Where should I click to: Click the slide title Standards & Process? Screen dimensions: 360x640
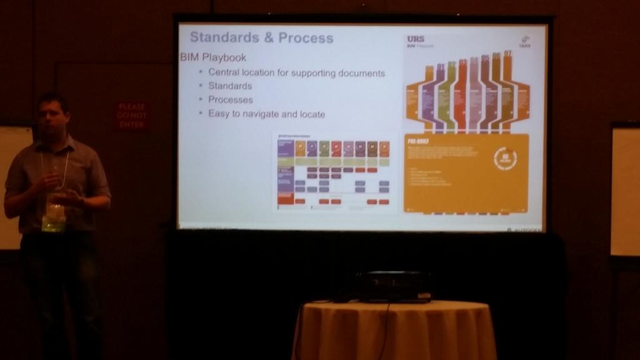tap(261, 37)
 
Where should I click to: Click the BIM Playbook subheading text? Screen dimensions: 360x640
tap(212, 57)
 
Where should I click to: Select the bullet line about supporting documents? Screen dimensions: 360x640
tap(296, 72)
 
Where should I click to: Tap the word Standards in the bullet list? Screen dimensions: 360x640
tap(230, 86)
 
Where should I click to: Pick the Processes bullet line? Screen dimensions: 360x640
tap(231, 99)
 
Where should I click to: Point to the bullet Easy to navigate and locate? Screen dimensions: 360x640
tap(266, 114)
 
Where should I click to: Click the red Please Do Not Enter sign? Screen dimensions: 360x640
tap(131, 116)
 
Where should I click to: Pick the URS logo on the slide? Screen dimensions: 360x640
tap(416, 39)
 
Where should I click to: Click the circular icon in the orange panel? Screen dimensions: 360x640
tap(505, 159)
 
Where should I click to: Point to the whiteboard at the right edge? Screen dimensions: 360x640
tap(624, 191)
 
